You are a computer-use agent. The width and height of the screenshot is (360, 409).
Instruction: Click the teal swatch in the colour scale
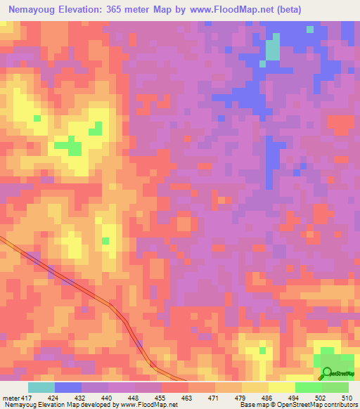click(41, 388)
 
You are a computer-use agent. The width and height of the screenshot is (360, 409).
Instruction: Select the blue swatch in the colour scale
click(68, 388)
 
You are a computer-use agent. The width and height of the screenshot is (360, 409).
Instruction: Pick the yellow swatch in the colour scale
click(281, 388)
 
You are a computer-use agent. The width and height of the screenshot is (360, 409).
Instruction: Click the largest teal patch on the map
click(272, 49)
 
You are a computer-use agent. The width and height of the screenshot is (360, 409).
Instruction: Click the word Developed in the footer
click(90, 405)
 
